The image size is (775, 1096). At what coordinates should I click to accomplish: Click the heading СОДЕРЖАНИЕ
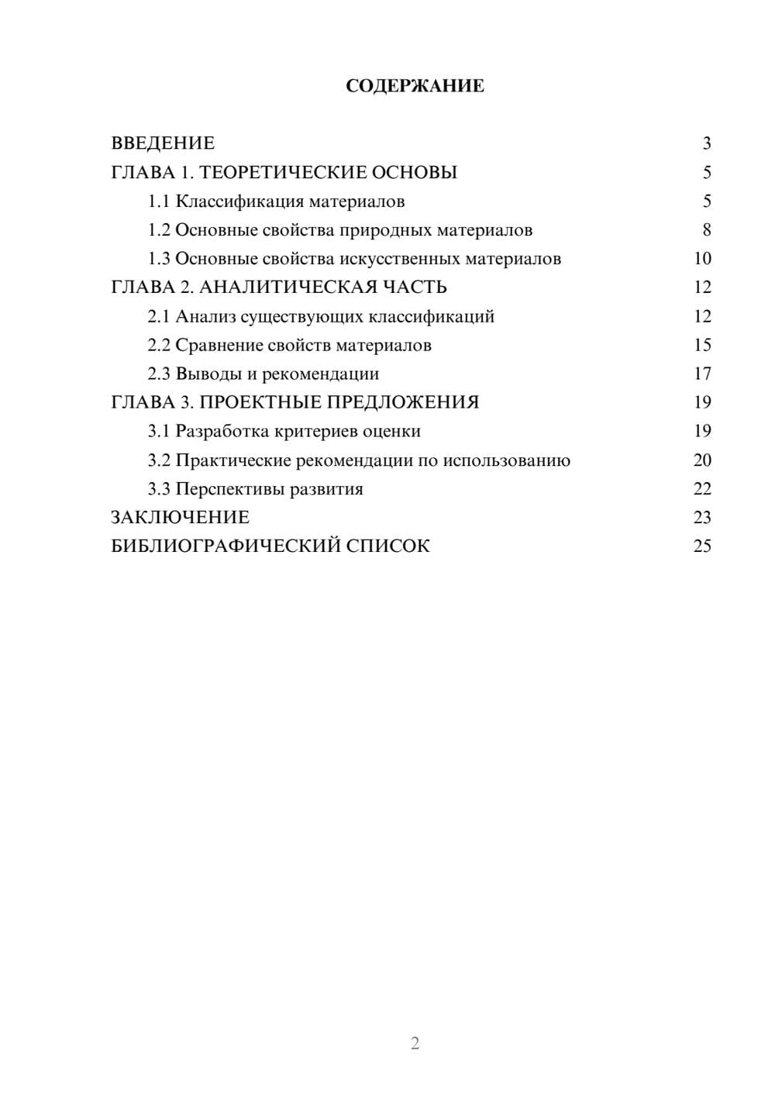415,86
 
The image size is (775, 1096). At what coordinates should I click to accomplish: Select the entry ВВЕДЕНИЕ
163,143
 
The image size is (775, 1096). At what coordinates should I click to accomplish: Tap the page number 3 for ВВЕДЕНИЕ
706,143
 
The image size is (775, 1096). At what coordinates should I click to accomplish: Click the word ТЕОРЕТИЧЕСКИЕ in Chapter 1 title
278,172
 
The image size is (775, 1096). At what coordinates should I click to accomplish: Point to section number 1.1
159,202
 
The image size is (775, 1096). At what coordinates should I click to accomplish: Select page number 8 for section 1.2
706,230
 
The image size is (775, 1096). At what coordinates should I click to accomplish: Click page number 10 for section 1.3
702,259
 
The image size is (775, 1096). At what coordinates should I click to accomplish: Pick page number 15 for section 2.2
702,345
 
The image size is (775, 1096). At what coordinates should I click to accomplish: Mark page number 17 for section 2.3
702,374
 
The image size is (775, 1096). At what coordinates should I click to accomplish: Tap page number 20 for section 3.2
702,460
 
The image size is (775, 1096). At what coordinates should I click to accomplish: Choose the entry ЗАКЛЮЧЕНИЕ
180,518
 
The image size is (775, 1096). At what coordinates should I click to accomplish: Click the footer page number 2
415,1043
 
